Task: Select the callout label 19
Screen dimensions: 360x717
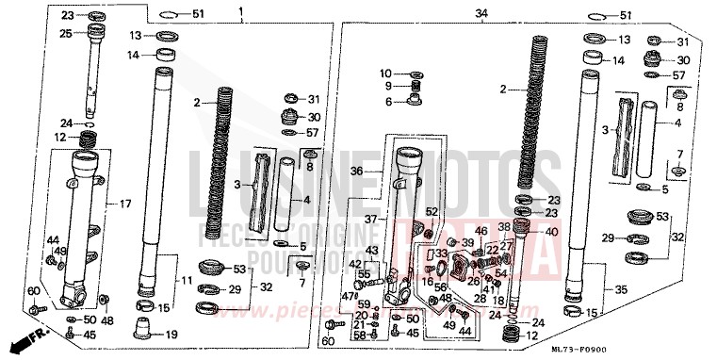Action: coord(171,335)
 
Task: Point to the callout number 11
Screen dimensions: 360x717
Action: coord(187,281)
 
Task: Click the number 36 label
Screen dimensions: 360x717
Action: coord(357,172)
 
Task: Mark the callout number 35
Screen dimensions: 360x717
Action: coord(619,290)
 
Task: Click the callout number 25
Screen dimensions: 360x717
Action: coord(66,34)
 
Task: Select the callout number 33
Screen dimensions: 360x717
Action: coord(441,254)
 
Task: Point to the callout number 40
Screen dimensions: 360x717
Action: coord(526,232)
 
